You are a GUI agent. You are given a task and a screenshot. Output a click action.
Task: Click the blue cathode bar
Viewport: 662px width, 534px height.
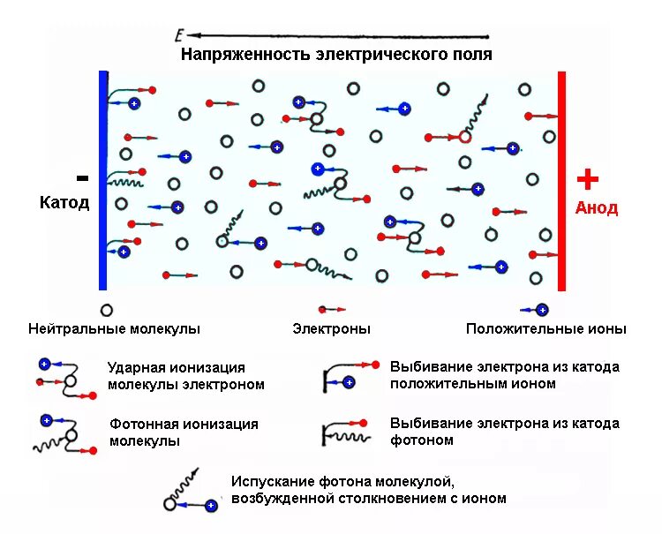point(103,181)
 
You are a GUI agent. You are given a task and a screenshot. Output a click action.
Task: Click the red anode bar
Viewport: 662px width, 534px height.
point(561,181)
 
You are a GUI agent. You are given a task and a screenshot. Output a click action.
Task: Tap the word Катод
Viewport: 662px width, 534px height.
point(64,203)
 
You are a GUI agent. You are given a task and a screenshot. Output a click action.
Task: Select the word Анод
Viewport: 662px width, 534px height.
point(597,208)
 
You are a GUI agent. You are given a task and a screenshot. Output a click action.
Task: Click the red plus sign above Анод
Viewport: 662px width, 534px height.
point(587,179)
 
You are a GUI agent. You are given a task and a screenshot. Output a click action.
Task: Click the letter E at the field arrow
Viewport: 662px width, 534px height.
point(178,35)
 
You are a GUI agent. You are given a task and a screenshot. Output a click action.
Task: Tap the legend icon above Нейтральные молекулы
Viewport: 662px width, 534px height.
point(107,310)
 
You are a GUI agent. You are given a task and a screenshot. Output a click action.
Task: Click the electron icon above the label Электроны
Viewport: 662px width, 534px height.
point(331,310)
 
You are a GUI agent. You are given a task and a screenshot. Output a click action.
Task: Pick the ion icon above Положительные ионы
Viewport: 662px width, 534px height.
point(535,310)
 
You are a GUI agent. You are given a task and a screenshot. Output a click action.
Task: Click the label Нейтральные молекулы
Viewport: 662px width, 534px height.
point(114,329)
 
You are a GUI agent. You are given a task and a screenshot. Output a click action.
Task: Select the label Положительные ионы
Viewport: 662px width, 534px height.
point(546,329)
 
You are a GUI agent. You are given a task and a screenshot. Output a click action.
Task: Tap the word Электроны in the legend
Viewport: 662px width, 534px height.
point(331,329)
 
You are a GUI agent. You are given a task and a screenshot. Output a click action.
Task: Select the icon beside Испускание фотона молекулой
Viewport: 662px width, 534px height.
point(189,495)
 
